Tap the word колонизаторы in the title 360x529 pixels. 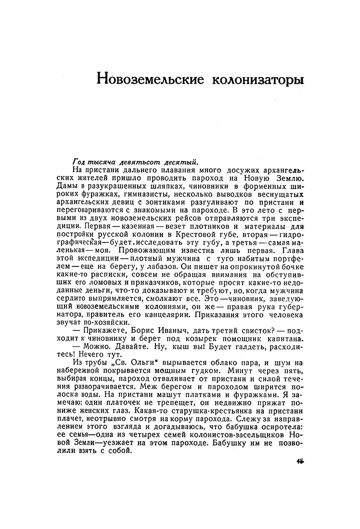258,78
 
